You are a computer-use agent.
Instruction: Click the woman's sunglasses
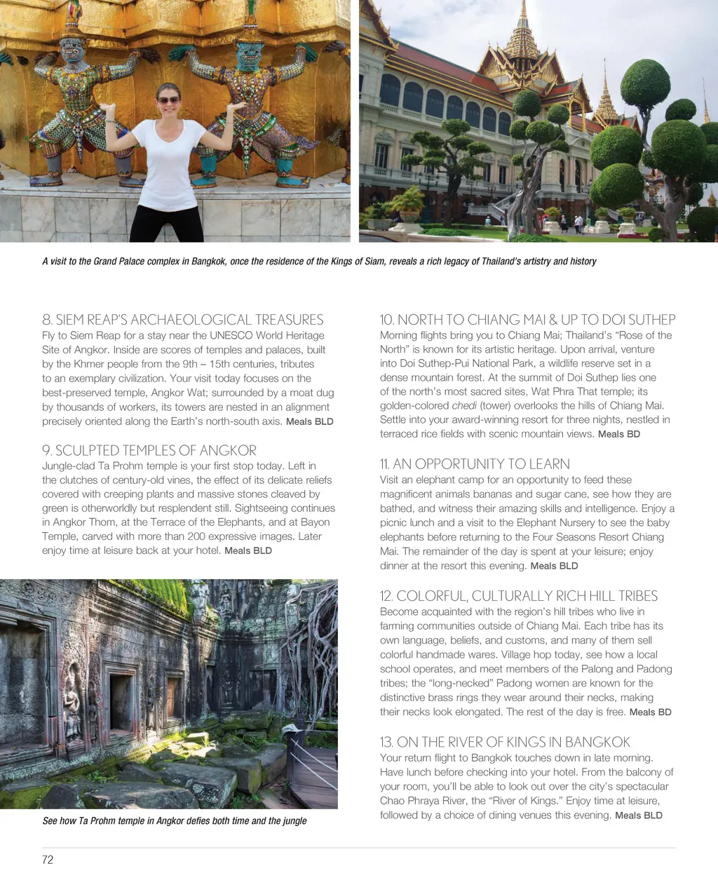click(x=168, y=100)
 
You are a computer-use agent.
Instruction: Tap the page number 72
click(x=48, y=860)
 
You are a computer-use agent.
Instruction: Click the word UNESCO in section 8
click(x=231, y=335)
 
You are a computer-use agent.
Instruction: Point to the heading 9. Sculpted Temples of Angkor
click(x=149, y=450)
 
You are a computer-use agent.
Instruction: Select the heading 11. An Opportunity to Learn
click(x=475, y=463)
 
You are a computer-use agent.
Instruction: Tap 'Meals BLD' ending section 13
click(x=638, y=815)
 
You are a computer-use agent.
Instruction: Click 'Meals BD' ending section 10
click(x=618, y=434)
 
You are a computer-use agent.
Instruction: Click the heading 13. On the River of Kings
click(x=505, y=742)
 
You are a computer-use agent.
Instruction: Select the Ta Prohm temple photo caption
click(x=175, y=820)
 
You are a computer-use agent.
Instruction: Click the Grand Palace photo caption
click(x=319, y=261)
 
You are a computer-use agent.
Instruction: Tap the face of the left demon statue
click(x=72, y=49)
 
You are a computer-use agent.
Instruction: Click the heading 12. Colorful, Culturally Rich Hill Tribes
click(x=519, y=596)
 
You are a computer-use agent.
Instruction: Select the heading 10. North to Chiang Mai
click(x=527, y=320)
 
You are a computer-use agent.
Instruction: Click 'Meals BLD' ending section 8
click(x=309, y=421)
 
